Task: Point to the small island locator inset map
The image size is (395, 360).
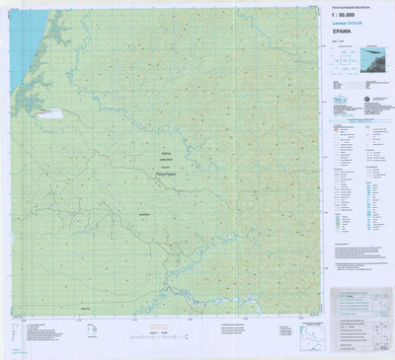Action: coord(371,61)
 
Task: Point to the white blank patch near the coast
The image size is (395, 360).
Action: coord(49,114)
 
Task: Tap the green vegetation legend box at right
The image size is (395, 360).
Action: coord(339,222)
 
